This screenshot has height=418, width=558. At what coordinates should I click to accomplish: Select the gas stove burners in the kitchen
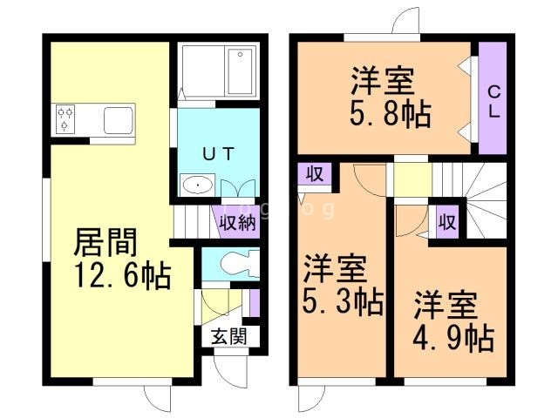click(67, 119)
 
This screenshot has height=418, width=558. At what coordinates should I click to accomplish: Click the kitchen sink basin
click(119, 119)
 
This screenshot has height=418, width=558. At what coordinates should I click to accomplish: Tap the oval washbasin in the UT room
click(199, 185)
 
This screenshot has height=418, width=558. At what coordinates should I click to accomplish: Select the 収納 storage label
click(236, 222)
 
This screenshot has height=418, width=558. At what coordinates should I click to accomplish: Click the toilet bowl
click(234, 263)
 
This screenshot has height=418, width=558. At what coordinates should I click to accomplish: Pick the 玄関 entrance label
click(229, 337)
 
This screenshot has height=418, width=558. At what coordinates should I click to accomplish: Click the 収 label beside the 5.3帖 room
click(315, 173)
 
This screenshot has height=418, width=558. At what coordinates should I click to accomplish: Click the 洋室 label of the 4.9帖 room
click(446, 307)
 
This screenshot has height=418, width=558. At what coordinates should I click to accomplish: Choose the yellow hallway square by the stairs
click(411, 179)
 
